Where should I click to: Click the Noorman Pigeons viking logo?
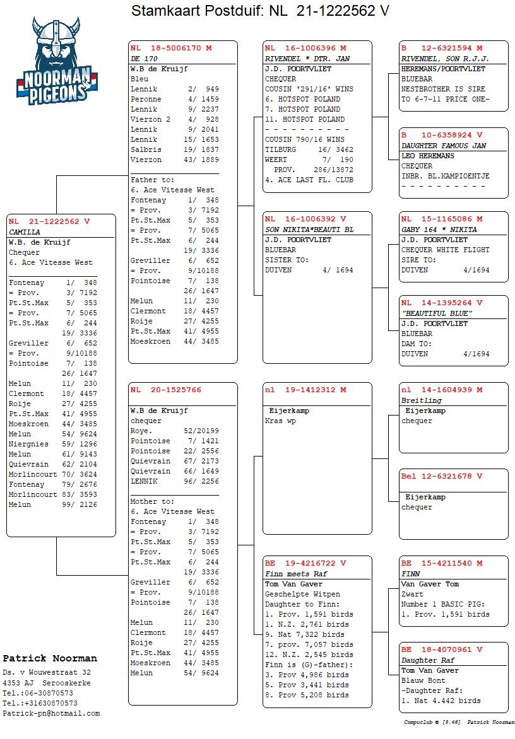pos(57,61)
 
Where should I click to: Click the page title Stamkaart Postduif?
pos(259,11)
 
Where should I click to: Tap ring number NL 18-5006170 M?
pos(171,48)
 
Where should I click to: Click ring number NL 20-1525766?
pos(166,390)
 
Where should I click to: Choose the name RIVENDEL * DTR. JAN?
pos(307,59)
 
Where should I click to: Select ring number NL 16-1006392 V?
pos(305,219)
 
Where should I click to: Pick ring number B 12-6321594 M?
pos(442,48)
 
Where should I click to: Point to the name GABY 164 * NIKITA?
pos(439,230)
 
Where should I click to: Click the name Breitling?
pos(422,400)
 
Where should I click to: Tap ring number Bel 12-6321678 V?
pos(442,476)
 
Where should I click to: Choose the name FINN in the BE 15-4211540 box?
pos(411,574)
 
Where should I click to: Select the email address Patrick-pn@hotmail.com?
pos(51,713)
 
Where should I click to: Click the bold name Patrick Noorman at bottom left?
pos(50,658)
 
